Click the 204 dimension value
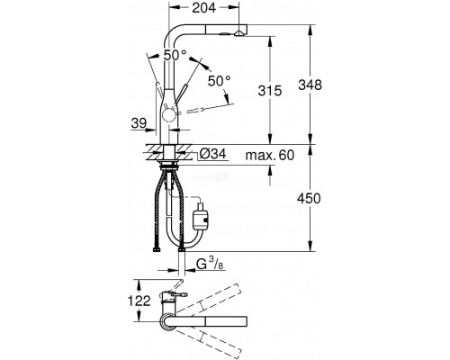[203, 8]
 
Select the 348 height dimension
[310, 85]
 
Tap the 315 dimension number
[270, 90]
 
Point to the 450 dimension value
[309, 198]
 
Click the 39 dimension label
[139, 123]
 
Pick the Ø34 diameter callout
[212, 154]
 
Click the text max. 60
[270, 155]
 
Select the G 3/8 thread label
[211, 265]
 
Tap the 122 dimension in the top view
[139, 301]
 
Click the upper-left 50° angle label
[175, 55]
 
